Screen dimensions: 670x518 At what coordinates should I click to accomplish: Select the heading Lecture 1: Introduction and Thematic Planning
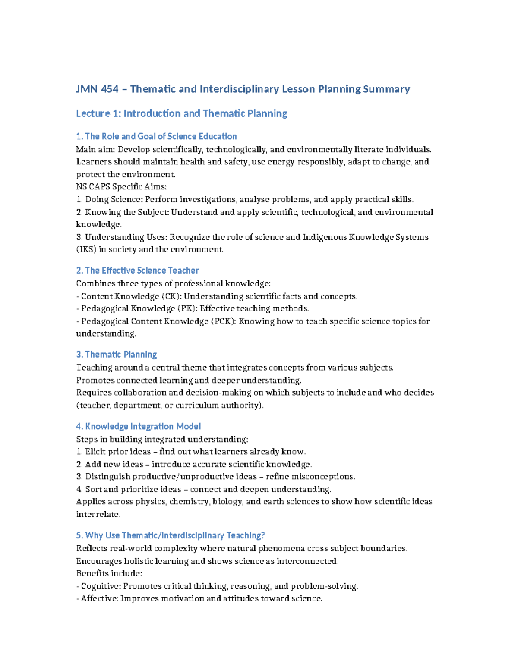point(181,113)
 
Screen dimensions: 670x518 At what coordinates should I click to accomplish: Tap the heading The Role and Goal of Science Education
point(156,137)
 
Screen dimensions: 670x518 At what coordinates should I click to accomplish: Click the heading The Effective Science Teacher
point(137,271)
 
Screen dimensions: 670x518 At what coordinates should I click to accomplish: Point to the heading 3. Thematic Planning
point(116,355)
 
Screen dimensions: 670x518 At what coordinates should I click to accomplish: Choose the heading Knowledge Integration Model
point(138,427)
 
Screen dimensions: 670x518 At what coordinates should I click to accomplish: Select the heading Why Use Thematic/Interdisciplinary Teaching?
point(170,535)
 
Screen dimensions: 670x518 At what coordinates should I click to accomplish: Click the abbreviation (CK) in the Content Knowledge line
point(171,296)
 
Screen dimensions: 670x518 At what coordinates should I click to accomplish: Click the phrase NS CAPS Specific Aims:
point(121,187)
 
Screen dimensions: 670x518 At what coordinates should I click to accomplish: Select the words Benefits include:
point(109,574)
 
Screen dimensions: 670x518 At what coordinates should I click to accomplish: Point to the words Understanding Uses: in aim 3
point(126,237)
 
